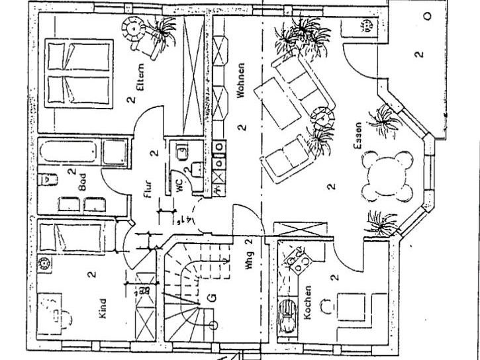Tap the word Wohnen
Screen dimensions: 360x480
pos(241,80)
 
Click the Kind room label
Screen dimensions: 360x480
pos(103,309)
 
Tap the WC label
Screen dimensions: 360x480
pos(180,187)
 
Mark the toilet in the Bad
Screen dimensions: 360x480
pos(48,179)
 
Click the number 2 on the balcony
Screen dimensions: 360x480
pos(418,54)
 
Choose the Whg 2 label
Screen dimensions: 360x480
pos(249,252)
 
